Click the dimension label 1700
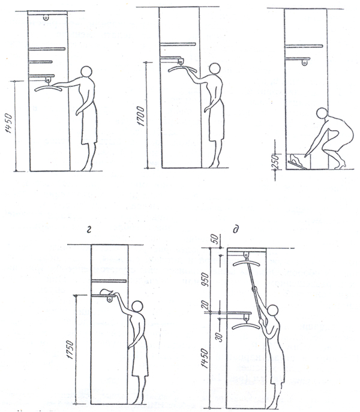tap(141, 116)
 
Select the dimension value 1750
tap(70, 350)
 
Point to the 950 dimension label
tap(206, 279)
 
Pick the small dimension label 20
tap(206, 305)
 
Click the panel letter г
tap(89, 231)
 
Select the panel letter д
tap(235, 230)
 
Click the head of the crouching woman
tap(322, 113)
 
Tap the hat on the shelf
tap(107, 291)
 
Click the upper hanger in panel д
tap(246, 263)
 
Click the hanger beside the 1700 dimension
tap(182, 69)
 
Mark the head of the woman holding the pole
tap(272, 311)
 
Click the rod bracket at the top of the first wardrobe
tap(46, 17)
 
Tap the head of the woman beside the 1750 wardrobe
tap(137, 306)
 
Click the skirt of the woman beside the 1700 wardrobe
tap(217, 121)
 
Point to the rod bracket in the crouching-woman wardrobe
tap(305, 62)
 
